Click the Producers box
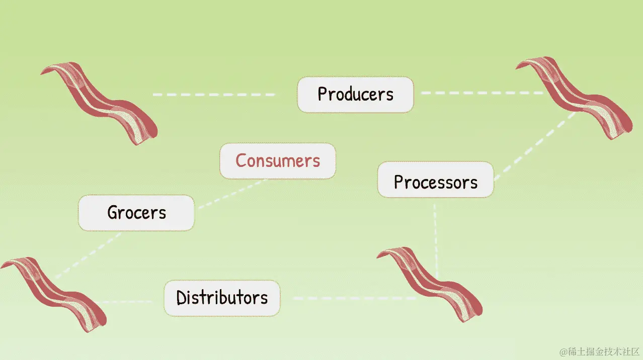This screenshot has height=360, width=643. [x=355, y=94]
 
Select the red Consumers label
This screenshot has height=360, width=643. [x=277, y=161]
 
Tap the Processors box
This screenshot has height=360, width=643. [x=435, y=182]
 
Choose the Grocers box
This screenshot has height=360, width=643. [x=136, y=213]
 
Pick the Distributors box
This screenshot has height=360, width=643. [x=222, y=298]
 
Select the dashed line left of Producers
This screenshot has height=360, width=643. [x=214, y=95]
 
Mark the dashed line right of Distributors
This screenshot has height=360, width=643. [x=352, y=298]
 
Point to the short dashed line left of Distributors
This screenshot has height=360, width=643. [x=128, y=302]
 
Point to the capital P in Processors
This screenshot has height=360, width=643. [x=399, y=182]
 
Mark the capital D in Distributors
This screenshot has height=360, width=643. [x=182, y=298]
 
